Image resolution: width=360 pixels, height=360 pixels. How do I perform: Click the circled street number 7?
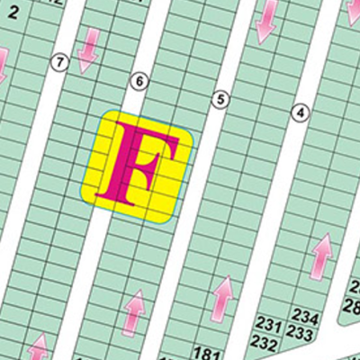click(x=60, y=62)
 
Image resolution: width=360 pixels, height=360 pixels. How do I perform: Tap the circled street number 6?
click(x=139, y=81)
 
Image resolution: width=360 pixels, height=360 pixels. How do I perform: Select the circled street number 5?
click(x=218, y=99)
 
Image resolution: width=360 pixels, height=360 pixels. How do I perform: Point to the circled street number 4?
click(x=301, y=112)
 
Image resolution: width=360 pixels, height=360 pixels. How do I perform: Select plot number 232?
click(x=265, y=343)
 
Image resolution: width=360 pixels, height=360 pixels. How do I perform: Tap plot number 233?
click(x=301, y=335)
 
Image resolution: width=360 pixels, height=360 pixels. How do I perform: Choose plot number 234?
click(x=306, y=318)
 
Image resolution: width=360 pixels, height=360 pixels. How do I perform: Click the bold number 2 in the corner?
click(x=13, y=10)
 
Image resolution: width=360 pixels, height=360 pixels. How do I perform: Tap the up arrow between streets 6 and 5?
click(x=134, y=313)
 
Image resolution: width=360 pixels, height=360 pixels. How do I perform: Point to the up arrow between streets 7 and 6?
click(x=39, y=346)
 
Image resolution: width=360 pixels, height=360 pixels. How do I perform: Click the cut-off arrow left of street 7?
click(x=3, y=65)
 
